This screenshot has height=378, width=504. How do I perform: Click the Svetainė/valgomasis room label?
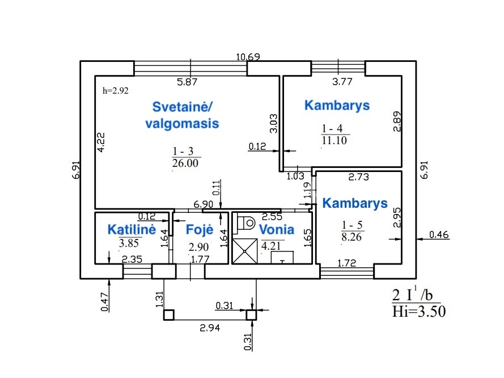(185, 115)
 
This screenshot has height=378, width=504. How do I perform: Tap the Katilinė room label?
(132, 229)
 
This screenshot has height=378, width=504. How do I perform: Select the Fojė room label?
(200, 229)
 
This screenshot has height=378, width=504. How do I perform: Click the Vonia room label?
(277, 229)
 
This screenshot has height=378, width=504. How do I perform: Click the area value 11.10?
(334, 140)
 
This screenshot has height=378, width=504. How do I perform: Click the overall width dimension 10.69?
(248, 56)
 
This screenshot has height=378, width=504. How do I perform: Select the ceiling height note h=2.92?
(116, 90)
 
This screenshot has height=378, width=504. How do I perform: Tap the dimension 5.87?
(187, 82)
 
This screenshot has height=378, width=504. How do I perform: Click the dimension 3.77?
(342, 82)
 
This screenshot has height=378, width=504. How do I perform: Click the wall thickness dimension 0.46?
(439, 234)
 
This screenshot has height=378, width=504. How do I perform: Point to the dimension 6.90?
(203, 204)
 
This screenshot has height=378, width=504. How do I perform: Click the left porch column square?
(168, 314)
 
